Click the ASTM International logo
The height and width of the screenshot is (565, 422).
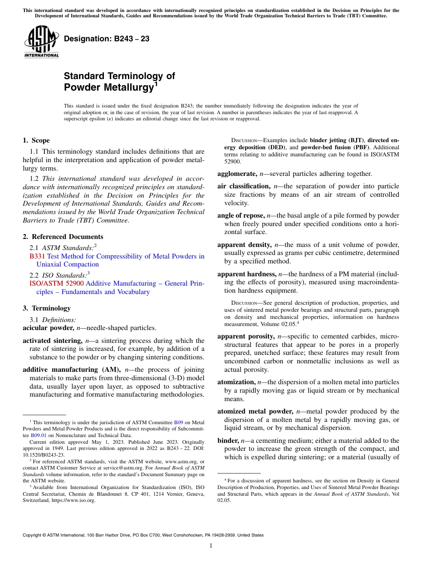pos(41,42)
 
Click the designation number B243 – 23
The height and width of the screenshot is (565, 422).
pos(107,39)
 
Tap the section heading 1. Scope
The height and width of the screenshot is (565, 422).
pos(36,140)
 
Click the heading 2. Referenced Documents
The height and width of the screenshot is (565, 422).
pos(63,237)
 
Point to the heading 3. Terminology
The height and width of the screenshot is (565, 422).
pos(46,308)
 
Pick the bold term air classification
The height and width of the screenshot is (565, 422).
pos(243,186)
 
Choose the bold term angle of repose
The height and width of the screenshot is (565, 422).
pos(240,215)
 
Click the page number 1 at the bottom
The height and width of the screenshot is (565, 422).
pos(211,546)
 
